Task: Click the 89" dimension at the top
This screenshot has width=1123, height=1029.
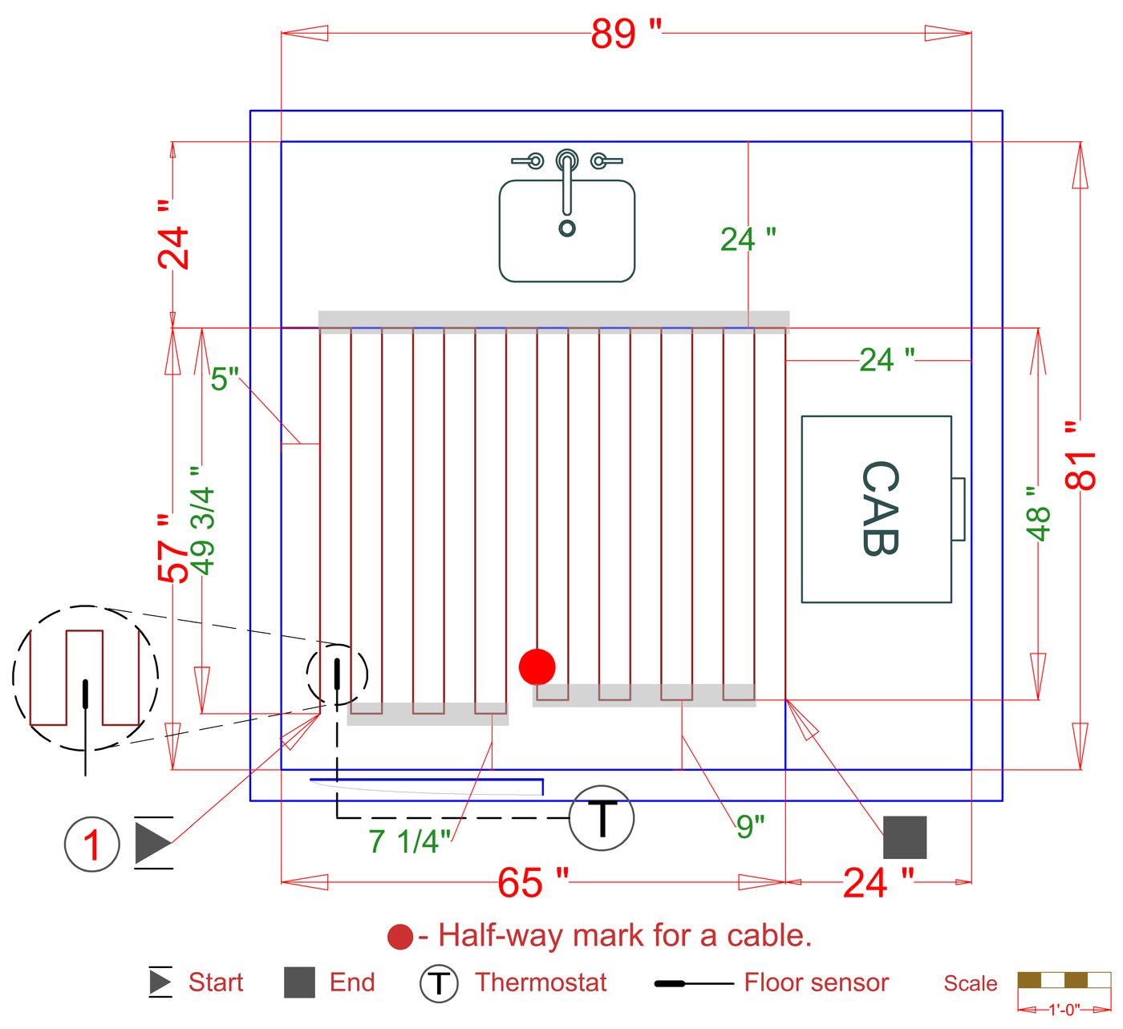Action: click(x=626, y=34)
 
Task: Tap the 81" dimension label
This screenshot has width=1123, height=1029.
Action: click(x=1080, y=456)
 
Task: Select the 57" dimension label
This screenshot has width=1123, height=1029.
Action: click(x=172, y=549)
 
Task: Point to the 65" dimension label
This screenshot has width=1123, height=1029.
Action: click(x=533, y=883)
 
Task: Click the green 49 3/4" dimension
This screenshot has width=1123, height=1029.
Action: click(x=203, y=521)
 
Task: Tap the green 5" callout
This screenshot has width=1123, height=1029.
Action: click(x=225, y=379)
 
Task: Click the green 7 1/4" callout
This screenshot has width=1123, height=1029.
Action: click(x=409, y=841)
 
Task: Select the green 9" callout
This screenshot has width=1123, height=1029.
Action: click(x=749, y=826)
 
